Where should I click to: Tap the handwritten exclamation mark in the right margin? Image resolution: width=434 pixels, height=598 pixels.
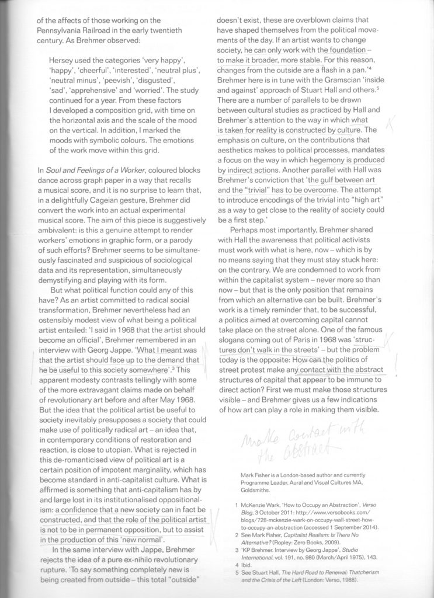[x=398, y=363]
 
